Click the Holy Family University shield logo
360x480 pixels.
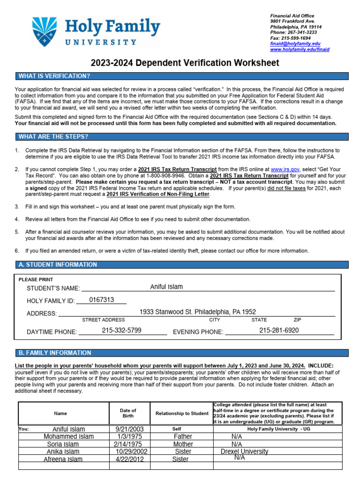pyautogui.click(x=45, y=32)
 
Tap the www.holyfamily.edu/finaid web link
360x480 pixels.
pyautogui.click(x=300, y=49)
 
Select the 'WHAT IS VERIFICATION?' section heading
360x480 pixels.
pyautogui.click(x=54, y=76)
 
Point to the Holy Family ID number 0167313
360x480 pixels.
pyautogui.click(x=102, y=300)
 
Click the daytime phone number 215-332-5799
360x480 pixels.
pyautogui.click(x=121, y=330)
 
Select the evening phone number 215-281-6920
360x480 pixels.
pyautogui.click(x=279, y=330)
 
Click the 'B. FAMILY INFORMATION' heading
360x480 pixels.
pyautogui.click(x=55, y=352)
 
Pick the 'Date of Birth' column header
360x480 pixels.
pyautogui.click(x=128, y=413)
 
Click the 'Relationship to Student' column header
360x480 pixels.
pyautogui.click(x=182, y=413)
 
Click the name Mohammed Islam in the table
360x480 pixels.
pyautogui.click(x=68, y=436)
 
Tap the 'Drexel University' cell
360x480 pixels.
pyautogui.click(x=244, y=451)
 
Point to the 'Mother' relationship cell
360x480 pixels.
pyautogui.click(x=183, y=444)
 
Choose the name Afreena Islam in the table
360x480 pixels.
pyautogui.click(x=63, y=459)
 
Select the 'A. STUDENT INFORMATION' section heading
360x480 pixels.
pyautogui.click(x=58, y=264)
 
